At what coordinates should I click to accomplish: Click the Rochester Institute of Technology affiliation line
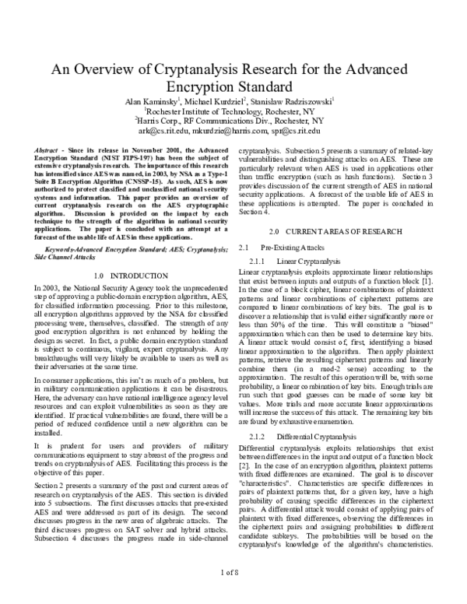coord(233,111)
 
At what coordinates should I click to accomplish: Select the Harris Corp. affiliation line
coord(233,121)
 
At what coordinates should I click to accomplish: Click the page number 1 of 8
coord(233,594)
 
